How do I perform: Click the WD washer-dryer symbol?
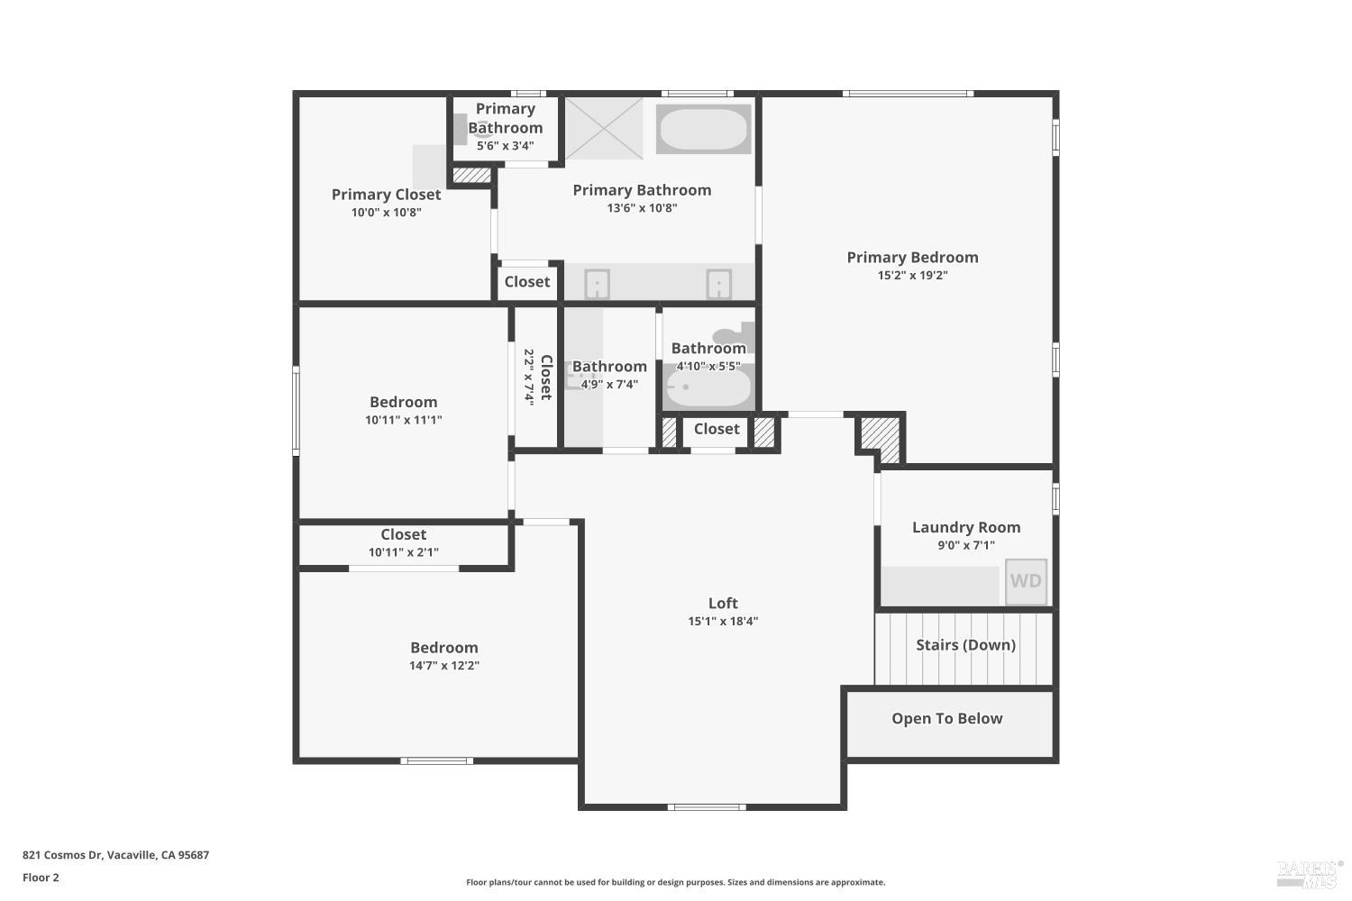tap(1026, 581)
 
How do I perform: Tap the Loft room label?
tap(723, 603)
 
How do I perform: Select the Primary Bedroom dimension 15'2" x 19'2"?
tap(912, 275)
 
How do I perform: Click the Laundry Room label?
tap(966, 527)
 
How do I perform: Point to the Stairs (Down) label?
tap(965, 644)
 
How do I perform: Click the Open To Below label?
tap(947, 718)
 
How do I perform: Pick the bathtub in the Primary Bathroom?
tap(704, 129)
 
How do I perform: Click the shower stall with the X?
tap(604, 128)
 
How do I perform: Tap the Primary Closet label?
tap(387, 195)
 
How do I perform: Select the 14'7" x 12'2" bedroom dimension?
tap(444, 666)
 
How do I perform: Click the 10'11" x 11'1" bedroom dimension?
tap(403, 420)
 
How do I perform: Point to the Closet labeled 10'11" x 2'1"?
tap(403, 534)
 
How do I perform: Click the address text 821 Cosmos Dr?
tap(63, 855)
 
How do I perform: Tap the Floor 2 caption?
tap(41, 878)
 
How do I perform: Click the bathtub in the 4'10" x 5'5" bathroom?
tap(708, 387)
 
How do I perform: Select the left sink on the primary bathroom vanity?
tap(597, 284)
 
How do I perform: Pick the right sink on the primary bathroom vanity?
tap(719, 284)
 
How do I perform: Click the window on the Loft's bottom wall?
tap(707, 807)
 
